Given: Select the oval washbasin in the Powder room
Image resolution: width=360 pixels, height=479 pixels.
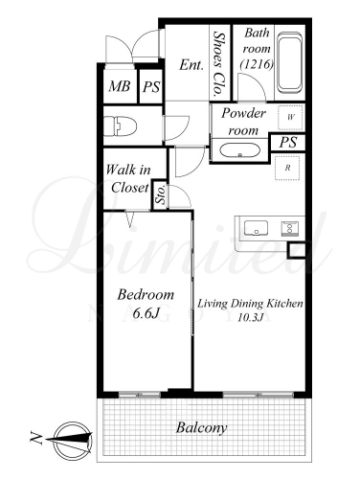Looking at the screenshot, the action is coord(240,150).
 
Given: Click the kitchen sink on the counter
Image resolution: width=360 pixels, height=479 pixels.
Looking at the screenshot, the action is coord(256,228).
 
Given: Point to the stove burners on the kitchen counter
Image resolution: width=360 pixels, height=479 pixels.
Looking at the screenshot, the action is coord(290,228).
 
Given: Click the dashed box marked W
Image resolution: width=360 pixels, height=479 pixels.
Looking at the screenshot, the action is coord(290,117).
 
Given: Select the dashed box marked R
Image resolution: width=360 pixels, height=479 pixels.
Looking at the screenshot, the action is coord(287,168).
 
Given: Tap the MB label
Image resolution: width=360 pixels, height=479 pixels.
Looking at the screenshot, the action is coord(120,86).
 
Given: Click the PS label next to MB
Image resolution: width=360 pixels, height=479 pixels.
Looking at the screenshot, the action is coord(151,87).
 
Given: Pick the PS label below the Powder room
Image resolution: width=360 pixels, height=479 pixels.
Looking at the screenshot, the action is coord(288,143).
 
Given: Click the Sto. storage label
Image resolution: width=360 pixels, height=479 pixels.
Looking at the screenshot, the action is coord(161,194).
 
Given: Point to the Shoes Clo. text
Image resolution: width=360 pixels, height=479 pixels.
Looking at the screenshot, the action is coord(218,64).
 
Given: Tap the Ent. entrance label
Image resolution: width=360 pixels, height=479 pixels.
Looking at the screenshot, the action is coord(191,65).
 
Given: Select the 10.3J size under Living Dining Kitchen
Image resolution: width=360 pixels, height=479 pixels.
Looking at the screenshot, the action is coord(250,317).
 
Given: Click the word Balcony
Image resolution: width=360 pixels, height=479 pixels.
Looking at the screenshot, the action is coord(202,428).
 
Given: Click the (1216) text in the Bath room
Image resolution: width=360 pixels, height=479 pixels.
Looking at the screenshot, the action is coord(257,64).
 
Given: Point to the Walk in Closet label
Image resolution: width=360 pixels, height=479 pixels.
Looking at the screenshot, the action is coord(128,178).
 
